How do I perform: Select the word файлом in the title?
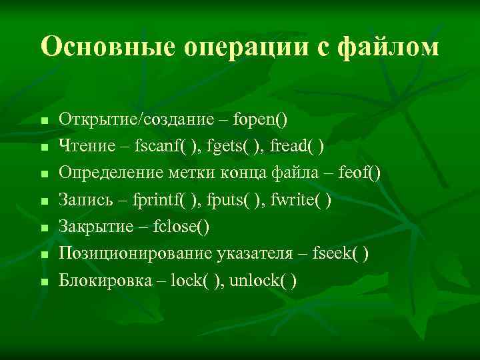click(389, 47)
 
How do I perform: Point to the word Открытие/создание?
click(135, 120)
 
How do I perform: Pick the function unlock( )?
click(263, 280)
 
